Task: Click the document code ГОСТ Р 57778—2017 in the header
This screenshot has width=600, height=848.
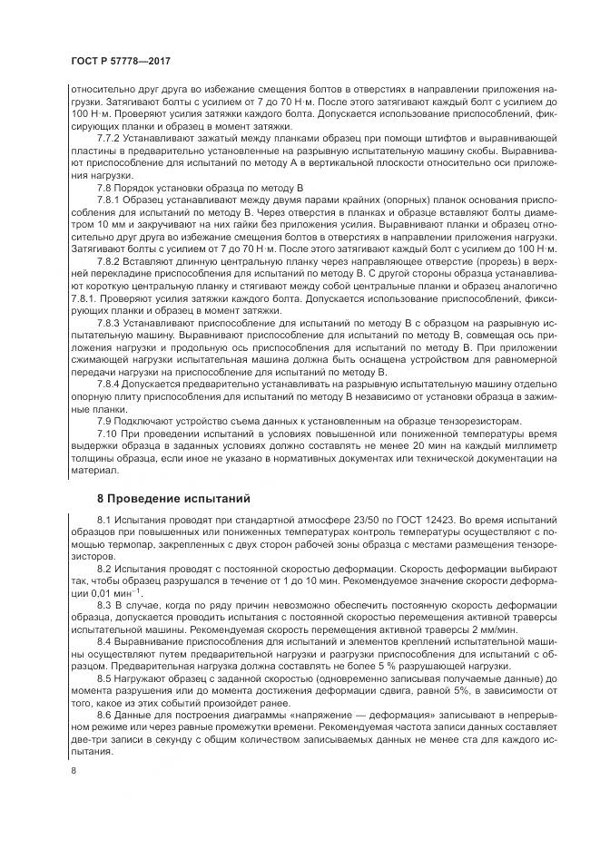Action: (121, 60)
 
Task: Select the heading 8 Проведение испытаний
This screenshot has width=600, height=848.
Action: (166, 498)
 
